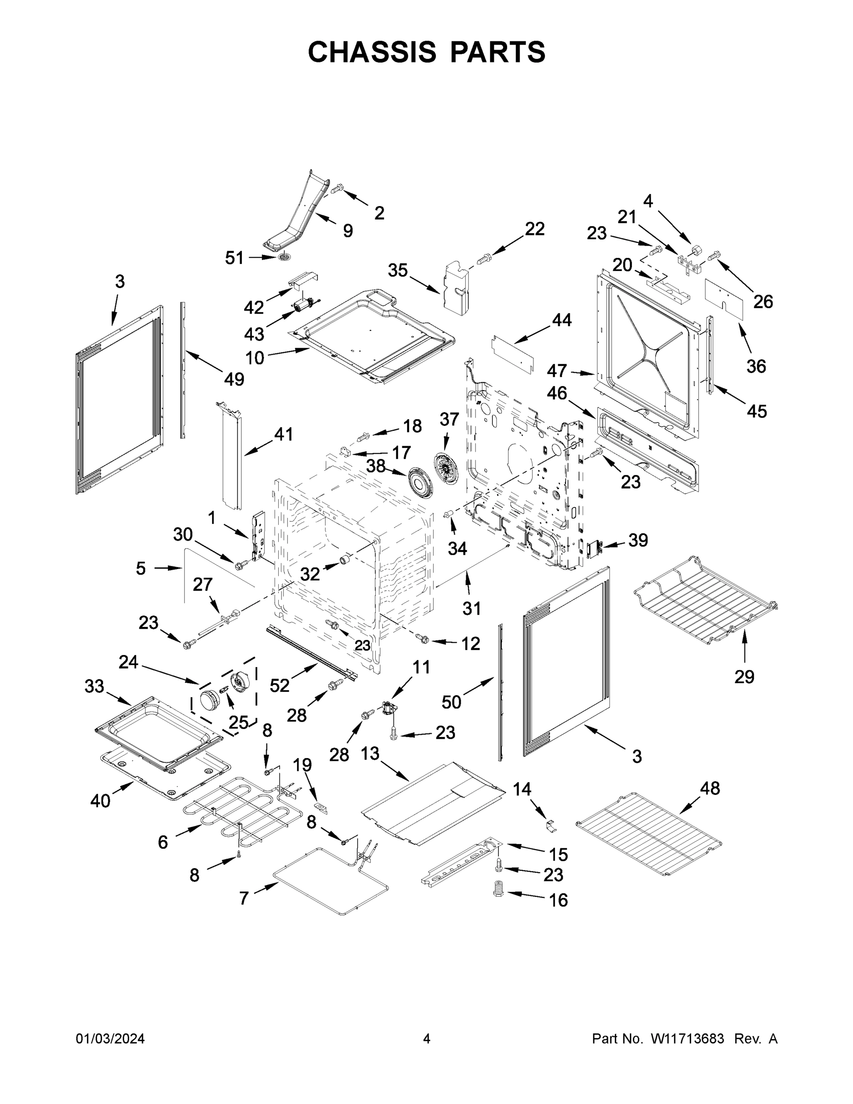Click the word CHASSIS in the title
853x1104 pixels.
click(372, 52)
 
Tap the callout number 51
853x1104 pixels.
click(235, 259)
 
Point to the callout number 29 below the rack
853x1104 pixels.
click(744, 676)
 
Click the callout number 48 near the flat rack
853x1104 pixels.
click(710, 788)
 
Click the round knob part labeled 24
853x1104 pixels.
click(208, 701)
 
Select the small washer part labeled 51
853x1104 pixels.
click(286, 259)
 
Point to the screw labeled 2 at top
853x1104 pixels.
click(337, 189)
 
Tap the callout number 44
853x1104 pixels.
click(561, 320)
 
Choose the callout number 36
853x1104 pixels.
click(756, 366)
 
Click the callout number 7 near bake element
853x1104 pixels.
click(244, 898)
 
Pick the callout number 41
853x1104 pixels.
click(284, 434)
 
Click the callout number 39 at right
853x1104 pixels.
click(638, 540)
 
